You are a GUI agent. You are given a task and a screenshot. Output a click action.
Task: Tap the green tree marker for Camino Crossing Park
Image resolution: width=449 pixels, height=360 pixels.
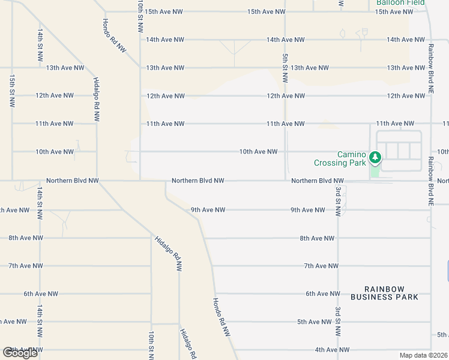[375, 158]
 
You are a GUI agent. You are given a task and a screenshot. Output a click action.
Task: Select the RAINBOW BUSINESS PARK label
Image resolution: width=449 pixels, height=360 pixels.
[384, 293]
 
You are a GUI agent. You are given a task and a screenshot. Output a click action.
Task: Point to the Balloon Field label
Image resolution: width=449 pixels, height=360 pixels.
[400, 3]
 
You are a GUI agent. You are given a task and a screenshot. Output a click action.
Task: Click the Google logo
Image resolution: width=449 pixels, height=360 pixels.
[20, 353]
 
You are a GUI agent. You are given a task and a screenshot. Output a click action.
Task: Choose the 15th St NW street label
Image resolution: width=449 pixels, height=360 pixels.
[11, 91]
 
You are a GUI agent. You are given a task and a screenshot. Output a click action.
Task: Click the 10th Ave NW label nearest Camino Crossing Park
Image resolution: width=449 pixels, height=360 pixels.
[258, 152]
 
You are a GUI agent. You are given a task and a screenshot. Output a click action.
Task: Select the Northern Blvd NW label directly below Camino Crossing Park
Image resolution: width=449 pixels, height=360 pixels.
[318, 181]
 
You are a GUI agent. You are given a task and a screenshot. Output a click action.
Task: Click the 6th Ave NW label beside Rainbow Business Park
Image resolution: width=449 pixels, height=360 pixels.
[323, 293]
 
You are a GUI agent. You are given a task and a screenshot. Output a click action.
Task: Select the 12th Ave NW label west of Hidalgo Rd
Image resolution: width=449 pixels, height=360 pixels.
[55, 95]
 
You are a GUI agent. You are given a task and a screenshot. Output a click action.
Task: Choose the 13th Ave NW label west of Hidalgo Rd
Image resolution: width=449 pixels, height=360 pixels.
[65, 68]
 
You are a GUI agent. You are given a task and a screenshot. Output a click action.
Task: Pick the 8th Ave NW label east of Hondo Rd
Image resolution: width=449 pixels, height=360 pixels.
[317, 238]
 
